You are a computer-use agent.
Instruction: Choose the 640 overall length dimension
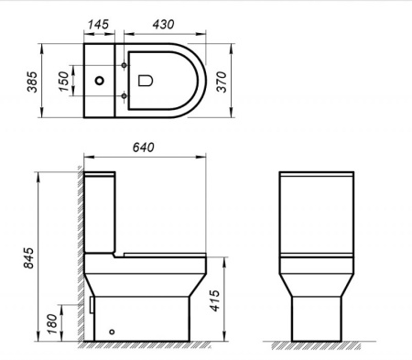pos(145,147)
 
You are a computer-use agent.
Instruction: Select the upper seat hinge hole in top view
pos(124,66)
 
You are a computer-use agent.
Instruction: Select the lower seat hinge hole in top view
pos(124,94)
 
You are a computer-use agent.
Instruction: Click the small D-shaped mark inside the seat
pos(145,82)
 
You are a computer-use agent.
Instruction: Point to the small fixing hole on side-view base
pos(113,332)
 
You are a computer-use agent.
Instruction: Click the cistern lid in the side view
pos(101,173)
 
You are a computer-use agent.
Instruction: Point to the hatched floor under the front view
pos(316,346)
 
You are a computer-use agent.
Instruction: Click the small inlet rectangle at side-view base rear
pos(93,301)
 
